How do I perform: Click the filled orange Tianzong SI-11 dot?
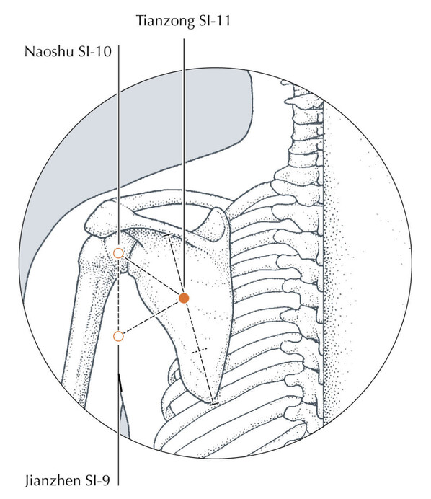pos(184,299)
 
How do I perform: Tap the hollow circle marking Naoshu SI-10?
pos(118,253)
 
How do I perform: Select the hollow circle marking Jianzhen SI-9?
pos(118,336)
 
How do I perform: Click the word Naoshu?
pos(49,51)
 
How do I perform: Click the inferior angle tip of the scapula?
pos(213,402)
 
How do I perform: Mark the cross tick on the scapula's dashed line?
pos(200,350)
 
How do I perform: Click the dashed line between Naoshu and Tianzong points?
pos(152,276)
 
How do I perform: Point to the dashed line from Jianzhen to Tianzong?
pos(151,317)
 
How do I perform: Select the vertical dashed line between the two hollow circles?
pos(118,295)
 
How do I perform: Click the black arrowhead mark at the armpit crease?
pos(120,382)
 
